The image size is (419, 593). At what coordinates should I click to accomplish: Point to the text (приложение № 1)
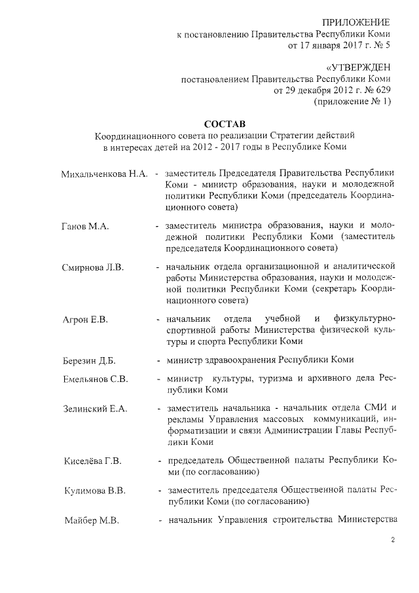click(x=353, y=102)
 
